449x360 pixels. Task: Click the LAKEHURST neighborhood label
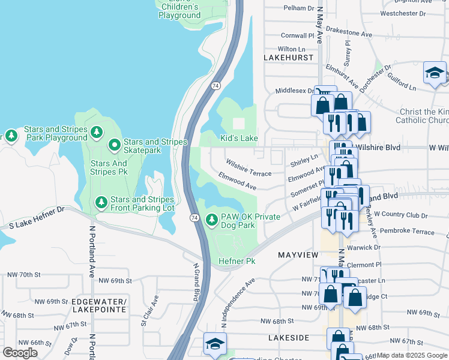coord(288,57)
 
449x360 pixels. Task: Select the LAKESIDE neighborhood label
coord(288,338)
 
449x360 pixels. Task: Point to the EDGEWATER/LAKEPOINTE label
coord(99,305)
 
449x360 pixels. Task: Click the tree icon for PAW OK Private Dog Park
coord(211,221)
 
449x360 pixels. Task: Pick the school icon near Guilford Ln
coord(435,74)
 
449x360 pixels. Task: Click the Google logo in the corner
coord(20,352)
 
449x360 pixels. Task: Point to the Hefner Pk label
coord(237,261)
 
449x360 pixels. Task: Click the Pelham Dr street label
coord(298,9)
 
